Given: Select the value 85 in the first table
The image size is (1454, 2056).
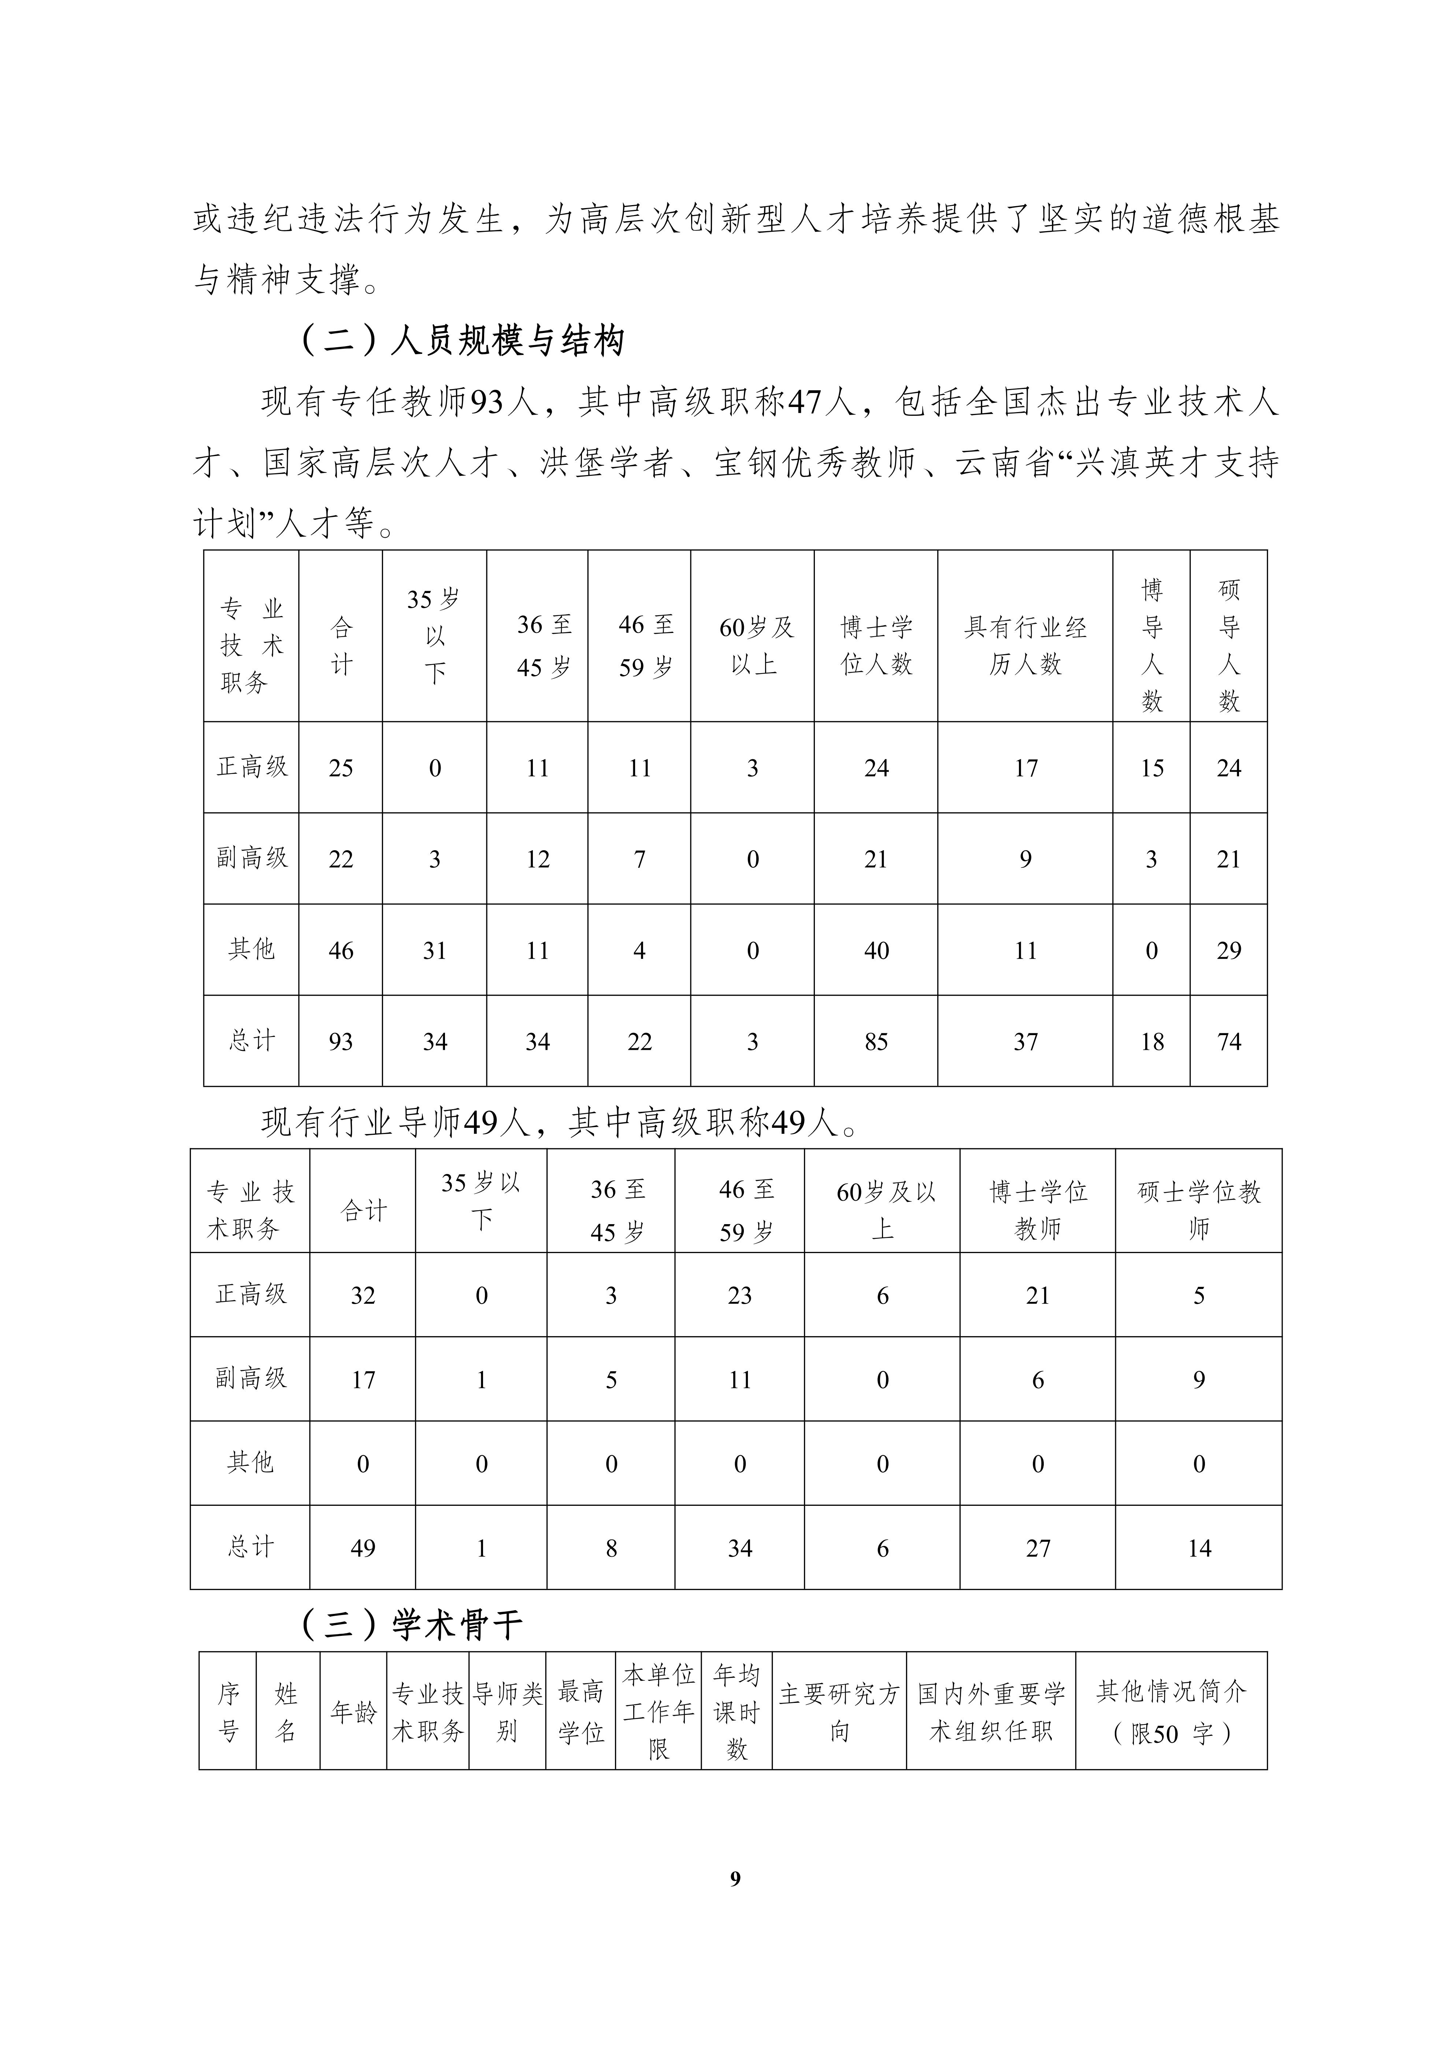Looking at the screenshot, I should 876,1041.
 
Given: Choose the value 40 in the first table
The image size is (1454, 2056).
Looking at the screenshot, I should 876,950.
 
